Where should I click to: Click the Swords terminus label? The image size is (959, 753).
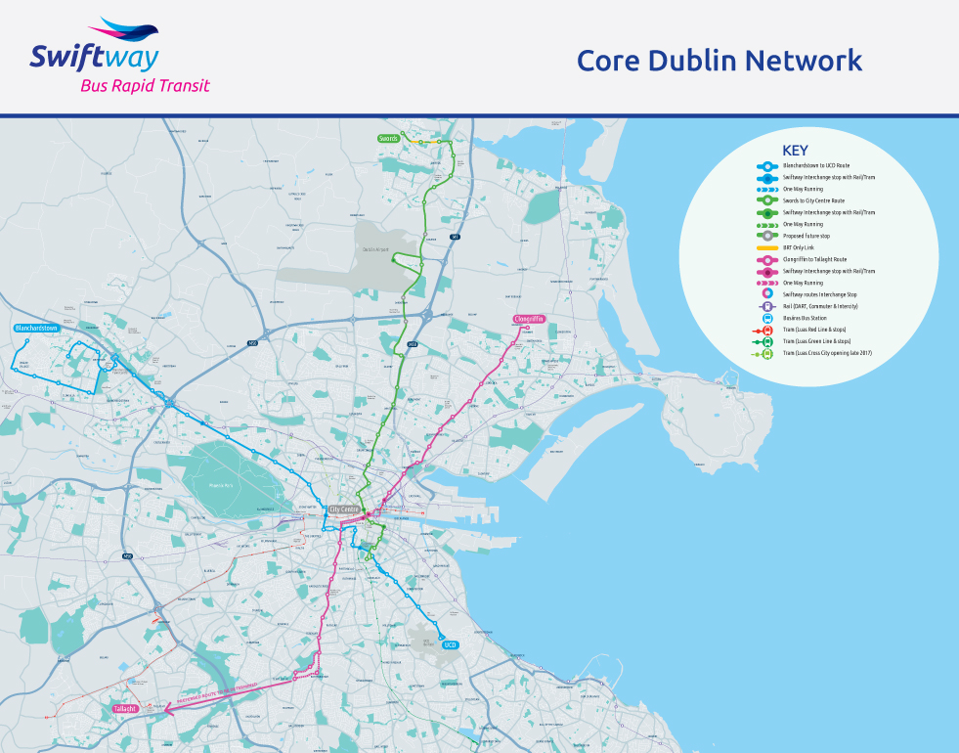tap(389, 139)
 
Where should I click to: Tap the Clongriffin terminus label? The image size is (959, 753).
tap(528, 319)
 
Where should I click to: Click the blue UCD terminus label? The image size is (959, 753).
tap(450, 645)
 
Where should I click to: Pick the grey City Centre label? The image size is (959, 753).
tap(344, 509)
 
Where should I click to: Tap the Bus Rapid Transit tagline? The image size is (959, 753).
tap(145, 86)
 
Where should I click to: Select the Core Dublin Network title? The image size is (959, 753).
tap(719, 61)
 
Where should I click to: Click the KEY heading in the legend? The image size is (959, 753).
tap(796, 151)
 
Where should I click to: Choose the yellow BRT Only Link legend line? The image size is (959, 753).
tap(767, 247)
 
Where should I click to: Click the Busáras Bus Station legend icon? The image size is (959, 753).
tap(767, 318)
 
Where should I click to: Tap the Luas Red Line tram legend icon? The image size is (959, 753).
tap(767, 330)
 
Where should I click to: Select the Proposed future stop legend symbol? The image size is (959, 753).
tap(767, 236)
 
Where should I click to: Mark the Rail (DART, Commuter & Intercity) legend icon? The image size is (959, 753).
tap(767, 306)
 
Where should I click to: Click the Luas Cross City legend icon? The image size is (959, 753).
tap(767, 353)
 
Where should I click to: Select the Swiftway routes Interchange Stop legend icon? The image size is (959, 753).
tap(767, 294)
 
